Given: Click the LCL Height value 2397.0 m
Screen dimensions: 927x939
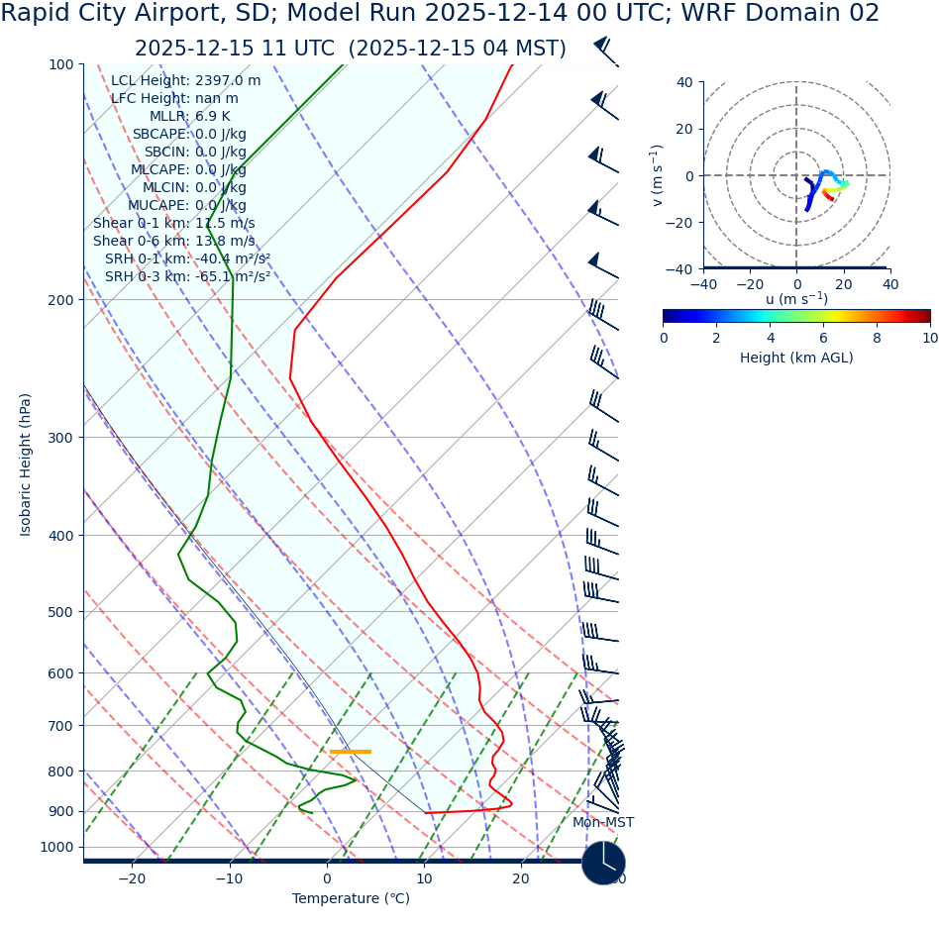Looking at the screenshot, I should tap(228, 81).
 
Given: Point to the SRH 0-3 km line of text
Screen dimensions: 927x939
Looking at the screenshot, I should tap(187, 277).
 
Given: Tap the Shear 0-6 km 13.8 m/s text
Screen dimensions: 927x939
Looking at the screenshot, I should tap(173, 242).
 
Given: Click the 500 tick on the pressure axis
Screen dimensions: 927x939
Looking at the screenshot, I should tap(60, 612).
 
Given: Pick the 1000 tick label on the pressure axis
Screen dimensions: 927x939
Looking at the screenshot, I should tap(56, 847).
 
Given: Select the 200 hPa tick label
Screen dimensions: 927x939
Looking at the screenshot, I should tap(60, 300).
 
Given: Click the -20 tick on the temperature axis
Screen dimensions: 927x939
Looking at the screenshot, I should tap(132, 878).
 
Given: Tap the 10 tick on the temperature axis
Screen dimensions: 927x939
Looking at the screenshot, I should tap(424, 878).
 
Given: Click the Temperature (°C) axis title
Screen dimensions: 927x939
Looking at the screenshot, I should tap(351, 899).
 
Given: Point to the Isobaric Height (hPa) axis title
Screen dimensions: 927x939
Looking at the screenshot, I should tap(26, 464).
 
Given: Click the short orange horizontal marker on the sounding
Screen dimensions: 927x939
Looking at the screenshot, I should tap(351, 752).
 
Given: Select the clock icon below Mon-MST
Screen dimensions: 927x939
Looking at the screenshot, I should tap(603, 863).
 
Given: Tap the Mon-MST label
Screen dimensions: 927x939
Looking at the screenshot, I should tap(603, 823).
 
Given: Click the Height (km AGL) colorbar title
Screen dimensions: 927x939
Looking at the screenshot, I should tap(795, 359).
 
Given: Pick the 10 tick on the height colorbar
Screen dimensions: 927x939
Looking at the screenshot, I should tap(929, 338).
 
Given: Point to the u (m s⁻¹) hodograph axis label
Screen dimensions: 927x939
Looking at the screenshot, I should tap(796, 299).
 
